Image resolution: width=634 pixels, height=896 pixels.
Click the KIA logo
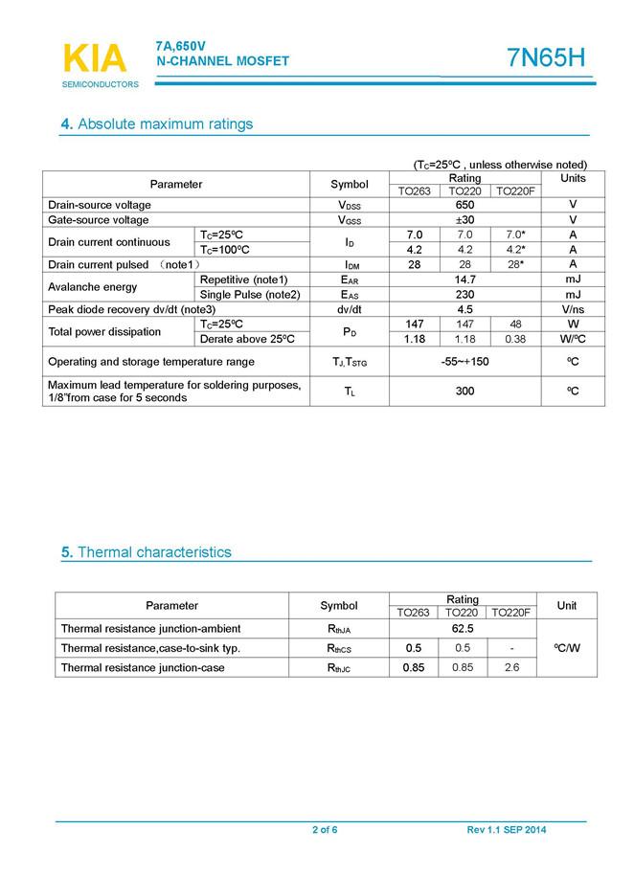pos(95,59)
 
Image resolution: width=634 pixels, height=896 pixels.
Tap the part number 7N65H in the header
pos(545,58)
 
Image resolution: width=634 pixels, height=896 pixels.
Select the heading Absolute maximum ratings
pos(156,124)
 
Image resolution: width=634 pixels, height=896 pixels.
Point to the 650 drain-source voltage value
pos(465,205)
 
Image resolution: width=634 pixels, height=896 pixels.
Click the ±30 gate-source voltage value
pos(465,220)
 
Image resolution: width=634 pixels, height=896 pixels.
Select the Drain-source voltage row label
pos(100,205)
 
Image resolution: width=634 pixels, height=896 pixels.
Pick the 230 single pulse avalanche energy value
pos(465,295)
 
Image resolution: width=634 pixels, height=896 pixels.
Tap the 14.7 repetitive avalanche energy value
pos(465,280)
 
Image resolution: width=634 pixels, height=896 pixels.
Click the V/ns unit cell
pos(573,310)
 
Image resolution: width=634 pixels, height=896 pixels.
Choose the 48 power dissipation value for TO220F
pos(516,325)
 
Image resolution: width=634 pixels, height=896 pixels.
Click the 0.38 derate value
pos(516,339)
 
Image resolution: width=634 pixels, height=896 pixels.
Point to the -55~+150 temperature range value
pos(465,362)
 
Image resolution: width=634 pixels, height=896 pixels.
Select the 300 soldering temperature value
pos(465,392)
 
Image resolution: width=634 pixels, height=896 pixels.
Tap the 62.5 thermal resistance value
pos(464,629)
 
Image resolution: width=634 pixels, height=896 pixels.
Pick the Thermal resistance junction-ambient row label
pos(150,629)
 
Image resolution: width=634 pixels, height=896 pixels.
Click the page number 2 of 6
pos(325,830)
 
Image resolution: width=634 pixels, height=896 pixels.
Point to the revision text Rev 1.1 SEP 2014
pos(507,830)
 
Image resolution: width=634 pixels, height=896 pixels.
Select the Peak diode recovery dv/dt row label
pos(132,310)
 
